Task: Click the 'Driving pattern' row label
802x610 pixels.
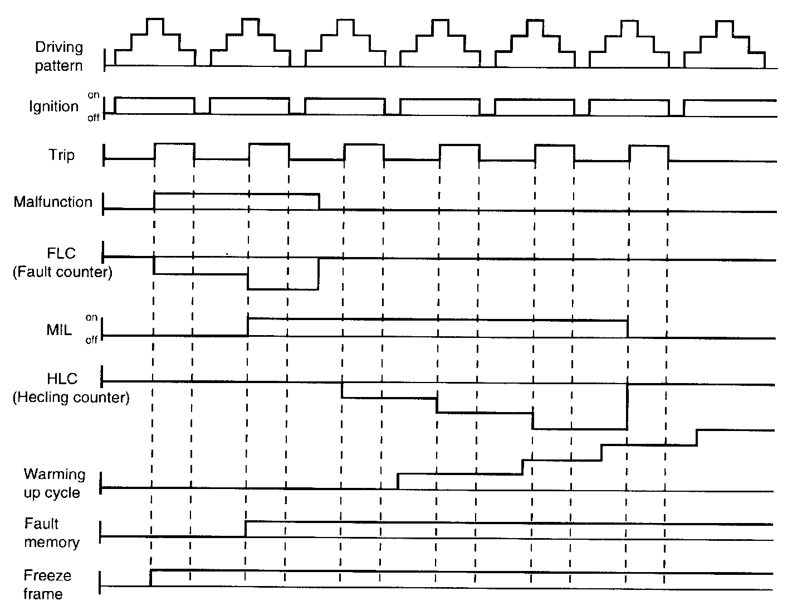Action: point(58,56)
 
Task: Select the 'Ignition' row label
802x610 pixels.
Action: point(54,106)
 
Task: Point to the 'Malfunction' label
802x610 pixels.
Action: point(53,202)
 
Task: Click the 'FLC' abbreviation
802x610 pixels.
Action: point(61,253)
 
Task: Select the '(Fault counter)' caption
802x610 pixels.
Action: point(62,273)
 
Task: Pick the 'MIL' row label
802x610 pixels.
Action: point(59,330)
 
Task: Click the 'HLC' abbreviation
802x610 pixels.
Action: point(62,379)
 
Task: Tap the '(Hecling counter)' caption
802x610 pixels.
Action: point(71,398)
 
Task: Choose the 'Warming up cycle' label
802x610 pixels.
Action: point(55,483)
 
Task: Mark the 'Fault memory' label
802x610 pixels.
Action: point(52,533)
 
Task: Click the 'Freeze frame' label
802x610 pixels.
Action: point(47,584)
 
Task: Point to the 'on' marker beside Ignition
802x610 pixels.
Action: point(93,95)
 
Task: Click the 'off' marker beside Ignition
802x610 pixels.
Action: point(93,118)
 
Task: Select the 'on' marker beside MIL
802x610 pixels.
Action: point(91,317)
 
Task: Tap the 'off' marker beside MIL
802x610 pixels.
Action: point(91,340)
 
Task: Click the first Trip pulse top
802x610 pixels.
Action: point(174,144)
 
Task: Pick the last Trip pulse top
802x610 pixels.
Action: point(648,146)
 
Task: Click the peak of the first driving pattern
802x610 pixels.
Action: point(155,20)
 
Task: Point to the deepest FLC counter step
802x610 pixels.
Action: point(283,289)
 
